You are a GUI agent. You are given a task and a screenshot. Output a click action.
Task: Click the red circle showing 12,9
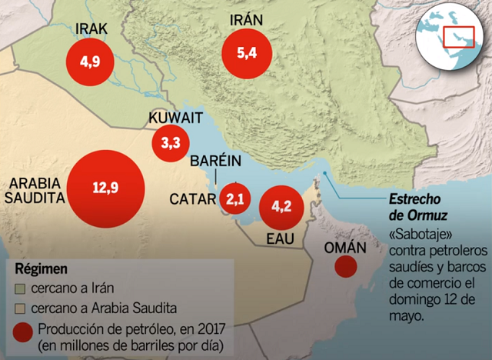click(105, 187)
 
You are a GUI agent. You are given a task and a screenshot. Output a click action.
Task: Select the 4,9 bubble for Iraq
click(90, 61)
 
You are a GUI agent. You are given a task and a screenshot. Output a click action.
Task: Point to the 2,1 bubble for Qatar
click(235, 200)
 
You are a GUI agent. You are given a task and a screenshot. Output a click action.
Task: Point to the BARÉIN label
click(216, 162)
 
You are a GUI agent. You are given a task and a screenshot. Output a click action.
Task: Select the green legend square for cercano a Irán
click(23, 288)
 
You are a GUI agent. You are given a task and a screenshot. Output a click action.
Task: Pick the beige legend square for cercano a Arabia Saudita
click(23, 308)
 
